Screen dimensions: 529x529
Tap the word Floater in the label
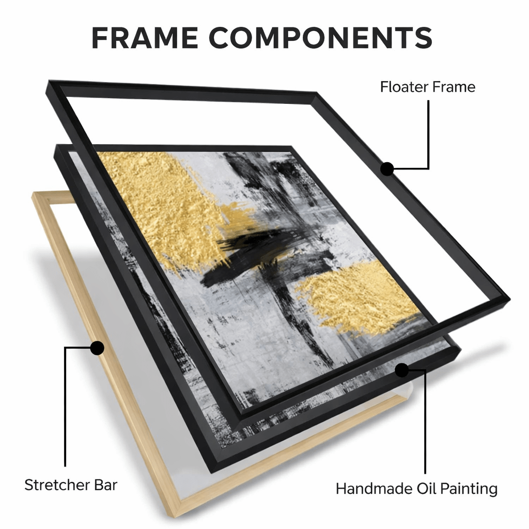(404, 87)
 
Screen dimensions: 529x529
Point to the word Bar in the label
(105, 485)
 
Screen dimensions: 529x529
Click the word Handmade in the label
(374, 489)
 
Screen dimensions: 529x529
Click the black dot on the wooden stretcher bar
(97, 348)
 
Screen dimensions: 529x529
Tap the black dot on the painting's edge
(401, 370)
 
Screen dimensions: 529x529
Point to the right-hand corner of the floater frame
(509, 299)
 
